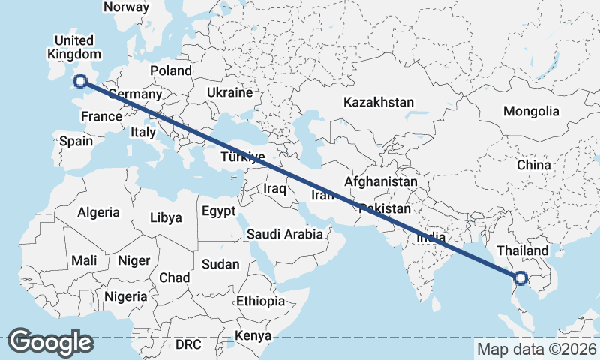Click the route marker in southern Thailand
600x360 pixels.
(520, 279)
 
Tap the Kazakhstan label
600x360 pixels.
(379, 102)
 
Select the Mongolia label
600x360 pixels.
(531, 111)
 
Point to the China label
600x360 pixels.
(533, 165)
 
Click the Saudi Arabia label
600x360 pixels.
(285, 234)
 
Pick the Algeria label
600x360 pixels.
(98, 212)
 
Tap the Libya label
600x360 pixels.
(166, 218)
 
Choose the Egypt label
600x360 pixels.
(218, 211)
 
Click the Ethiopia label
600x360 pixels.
(260, 301)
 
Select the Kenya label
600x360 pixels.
(252, 335)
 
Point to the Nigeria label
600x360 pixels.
(125, 296)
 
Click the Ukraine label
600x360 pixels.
(229, 93)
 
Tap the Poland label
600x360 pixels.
(171, 70)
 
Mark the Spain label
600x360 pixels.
(76, 141)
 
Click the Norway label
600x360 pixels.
(126, 7)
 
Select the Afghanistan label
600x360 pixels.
(380, 181)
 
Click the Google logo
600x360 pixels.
(50, 342)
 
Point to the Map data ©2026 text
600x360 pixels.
(536, 349)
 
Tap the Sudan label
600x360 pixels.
(220, 264)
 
